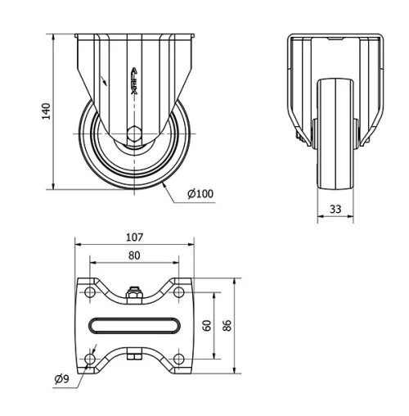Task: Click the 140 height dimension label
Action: coord(47,111)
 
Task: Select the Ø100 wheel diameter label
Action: coord(200,194)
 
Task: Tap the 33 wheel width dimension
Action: coord(335,209)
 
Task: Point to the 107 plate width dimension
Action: coord(135,237)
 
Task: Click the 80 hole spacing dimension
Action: coord(135,255)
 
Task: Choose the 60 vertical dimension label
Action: coord(207,325)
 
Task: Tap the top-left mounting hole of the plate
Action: coord(89,292)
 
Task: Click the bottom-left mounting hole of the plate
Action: coord(89,358)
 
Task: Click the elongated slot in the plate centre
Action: coord(135,325)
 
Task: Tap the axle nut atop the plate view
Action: coord(135,289)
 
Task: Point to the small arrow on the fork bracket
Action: coord(104,80)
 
